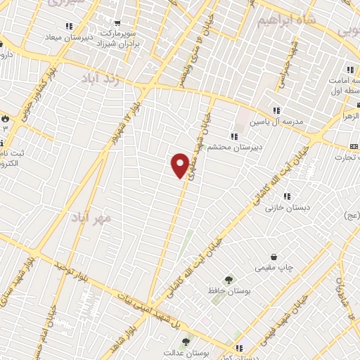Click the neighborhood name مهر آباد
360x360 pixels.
[91, 218]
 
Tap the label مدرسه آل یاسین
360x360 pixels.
[277, 121]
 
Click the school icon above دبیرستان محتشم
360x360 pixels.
[233, 136]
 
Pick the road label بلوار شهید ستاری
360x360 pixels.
[14, 290]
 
